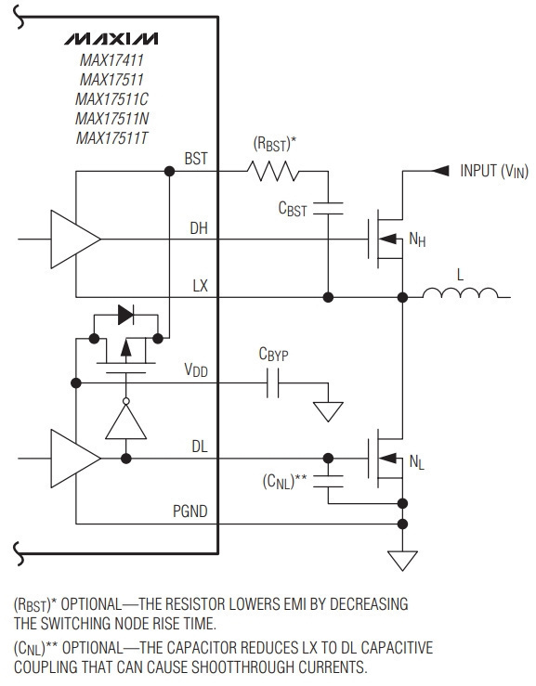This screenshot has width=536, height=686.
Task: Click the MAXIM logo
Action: (x=111, y=39)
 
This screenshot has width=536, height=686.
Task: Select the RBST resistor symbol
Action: (x=273, y=171)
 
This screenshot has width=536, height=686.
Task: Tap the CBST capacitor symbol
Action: (x=328, y=208)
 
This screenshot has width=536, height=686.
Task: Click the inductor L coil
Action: (x=460, y=292)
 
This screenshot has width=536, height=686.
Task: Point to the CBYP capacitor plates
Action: (x=273, y=383)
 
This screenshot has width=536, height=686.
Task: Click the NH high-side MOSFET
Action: (x=386, y=239)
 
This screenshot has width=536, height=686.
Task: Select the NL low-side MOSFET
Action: (x=386, y=458)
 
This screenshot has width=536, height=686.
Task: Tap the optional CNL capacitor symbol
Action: (x=328, y=481)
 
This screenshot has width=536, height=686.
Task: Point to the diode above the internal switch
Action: (x=126, y=315)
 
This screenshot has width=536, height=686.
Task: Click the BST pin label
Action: (x=196, y=159)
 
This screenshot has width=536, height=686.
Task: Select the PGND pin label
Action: (x=190, y=511)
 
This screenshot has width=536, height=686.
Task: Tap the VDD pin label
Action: (x=196, y=370)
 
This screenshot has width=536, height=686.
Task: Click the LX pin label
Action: (x=200, y=286)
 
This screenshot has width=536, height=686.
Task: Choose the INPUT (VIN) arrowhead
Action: (x=440, y=171)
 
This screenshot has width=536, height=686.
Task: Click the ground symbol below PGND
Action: (x=402, y=561)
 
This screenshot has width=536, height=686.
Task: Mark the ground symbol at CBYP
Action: (x=328, y=411)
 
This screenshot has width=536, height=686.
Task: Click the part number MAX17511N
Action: (x=112, y=119)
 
